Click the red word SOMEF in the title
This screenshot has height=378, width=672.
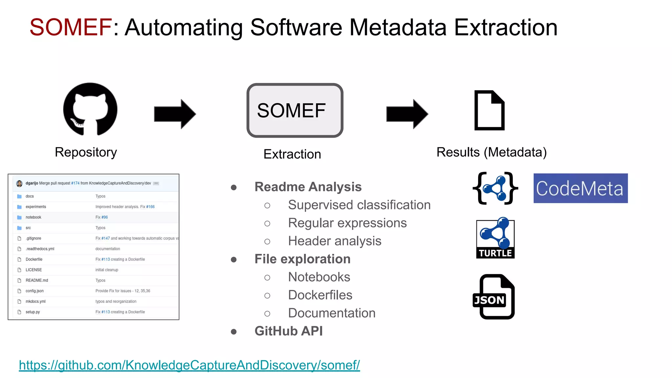[71, 27]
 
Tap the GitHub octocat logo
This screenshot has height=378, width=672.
[90, 109]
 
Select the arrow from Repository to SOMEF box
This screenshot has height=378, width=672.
[175, 114]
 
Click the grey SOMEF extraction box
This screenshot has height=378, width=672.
[295, 110]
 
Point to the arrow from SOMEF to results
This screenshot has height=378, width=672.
[407, 114]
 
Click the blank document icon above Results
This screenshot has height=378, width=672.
[489, 110]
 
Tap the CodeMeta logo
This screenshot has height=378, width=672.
[580, 188]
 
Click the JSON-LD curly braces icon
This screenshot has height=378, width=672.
[495, 188]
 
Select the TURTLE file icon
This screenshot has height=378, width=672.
[495, 238]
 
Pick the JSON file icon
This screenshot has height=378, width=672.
[494, 297]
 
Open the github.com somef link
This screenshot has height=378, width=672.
[189, 365]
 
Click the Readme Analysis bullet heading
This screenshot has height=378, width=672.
[308, 187]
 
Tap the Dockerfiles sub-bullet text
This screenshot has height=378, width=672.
[320, 295]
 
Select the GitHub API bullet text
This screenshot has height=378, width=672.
[288, 331]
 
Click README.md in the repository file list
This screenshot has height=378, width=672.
[37, 281]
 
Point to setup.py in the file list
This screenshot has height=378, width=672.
[33, 312]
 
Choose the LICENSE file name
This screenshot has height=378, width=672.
[34, 270]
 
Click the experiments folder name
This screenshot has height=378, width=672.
[36, 207]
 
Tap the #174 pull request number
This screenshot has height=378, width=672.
[75, 183]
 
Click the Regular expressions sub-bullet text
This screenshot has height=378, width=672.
[347, 223]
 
